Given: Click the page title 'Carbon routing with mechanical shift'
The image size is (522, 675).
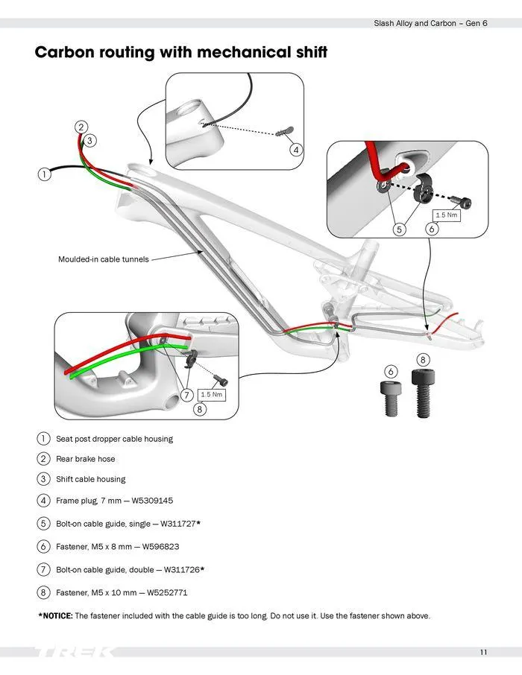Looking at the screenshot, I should [x=181, y=54].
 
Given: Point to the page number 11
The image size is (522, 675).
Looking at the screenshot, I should [x=483, y=653].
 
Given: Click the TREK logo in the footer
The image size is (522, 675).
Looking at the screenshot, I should [x=75, y=653].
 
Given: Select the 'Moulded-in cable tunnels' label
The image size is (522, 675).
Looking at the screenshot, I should [x=103, y=259].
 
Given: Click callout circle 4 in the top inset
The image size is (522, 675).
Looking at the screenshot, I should [x=296, y=150].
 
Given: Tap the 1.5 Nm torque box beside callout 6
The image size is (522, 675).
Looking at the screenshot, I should [x=446, y=215].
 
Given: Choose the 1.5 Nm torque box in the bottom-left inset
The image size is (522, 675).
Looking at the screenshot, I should [x=212, y=393].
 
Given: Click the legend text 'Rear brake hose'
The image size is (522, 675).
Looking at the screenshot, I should [x=86, y=459].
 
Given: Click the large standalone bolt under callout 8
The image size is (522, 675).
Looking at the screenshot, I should [x=422, y=394].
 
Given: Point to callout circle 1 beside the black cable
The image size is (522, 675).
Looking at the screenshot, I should [x=44, y=174].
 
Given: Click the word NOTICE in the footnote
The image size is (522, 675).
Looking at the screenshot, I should [x=55, y=616].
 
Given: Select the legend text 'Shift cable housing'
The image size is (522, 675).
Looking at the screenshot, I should [x=91, y=479].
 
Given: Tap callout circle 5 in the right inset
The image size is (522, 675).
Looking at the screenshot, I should [x=400, y=229].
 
